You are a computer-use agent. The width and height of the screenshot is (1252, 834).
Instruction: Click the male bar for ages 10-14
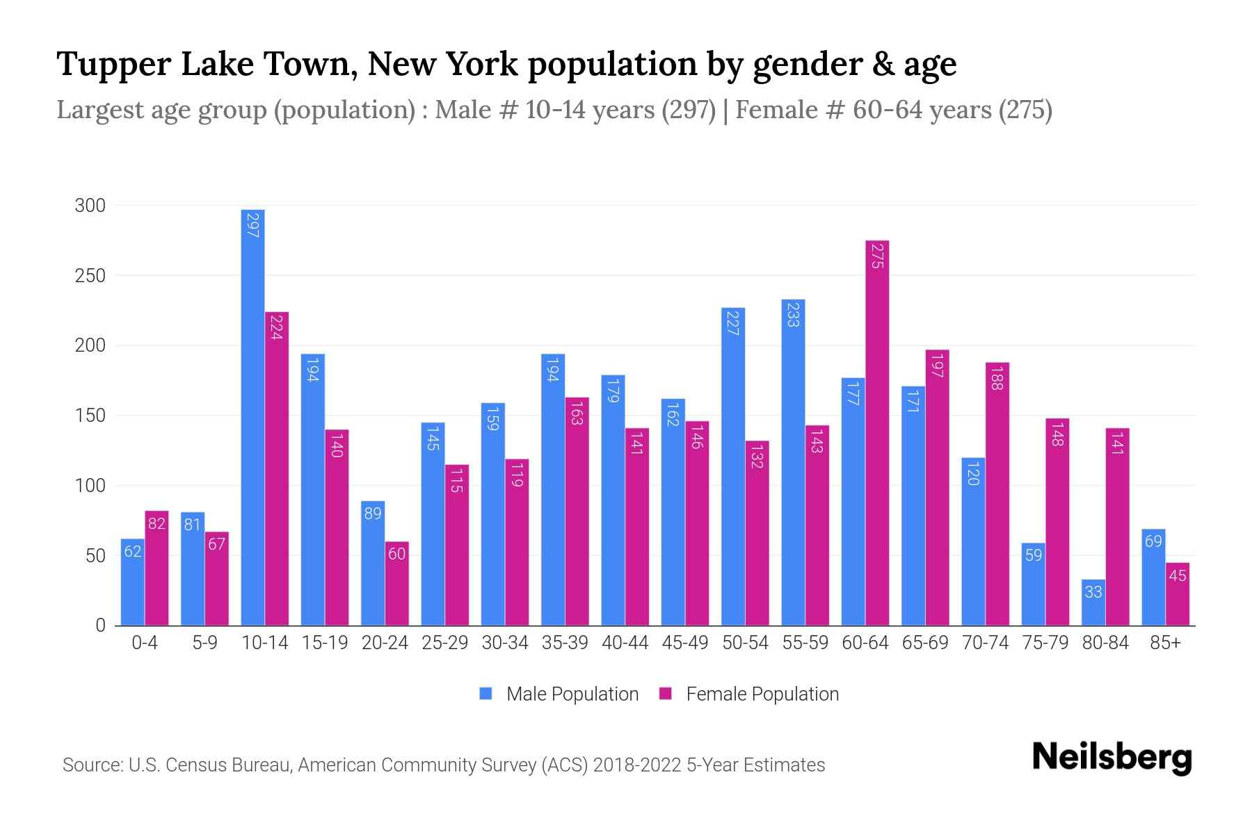pyautogui.click(x=252, y=417)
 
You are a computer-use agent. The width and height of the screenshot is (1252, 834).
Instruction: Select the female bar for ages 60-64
pyautogui.click(x=877, y=432)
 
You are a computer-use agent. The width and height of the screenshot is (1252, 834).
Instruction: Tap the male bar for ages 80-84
pyautogui.click(x=1093, y=603)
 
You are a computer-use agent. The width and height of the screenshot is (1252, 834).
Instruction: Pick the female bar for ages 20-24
pyautogui.click(x=396, y=584)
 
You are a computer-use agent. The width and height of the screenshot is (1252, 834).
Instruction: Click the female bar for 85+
pyautogui.click(x=1177, y=594)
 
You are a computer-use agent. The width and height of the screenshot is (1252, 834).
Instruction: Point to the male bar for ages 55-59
pyautogui.click(x=793, y=462)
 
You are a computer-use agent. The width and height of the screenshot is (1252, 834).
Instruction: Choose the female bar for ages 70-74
pyautogui.click(x=997, y=493)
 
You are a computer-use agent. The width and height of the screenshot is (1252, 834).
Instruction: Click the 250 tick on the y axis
pyautogui.click(x=90, y=276)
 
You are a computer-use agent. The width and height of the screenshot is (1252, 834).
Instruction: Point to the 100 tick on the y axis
pyautogui.click(x=90, y=486)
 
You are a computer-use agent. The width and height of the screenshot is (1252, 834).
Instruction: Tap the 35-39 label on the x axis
pyautogui.click(x=565, y=643)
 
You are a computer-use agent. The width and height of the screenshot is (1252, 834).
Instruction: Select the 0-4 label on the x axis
pyautogui.click(x=145, y=643)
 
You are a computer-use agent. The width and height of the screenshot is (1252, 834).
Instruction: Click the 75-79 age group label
pyautogui.click(x=1045, y=643)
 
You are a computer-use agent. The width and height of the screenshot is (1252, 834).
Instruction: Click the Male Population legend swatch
pyautogui.click(x=485, y=694)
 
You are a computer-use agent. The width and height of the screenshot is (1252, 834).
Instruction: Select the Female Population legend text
pyautogui.click(x=762, y=694)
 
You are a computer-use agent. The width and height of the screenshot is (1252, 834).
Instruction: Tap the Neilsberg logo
pyautogui.click(x=1111, y=758)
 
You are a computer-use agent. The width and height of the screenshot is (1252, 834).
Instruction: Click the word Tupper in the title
pyautogui.click(x=113, y=65)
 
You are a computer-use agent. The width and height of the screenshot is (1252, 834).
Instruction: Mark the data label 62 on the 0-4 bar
pyautogui.click(x=133, y=552)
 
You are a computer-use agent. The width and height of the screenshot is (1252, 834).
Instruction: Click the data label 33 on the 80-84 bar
pyautogui.click(x=1093, y=592)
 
